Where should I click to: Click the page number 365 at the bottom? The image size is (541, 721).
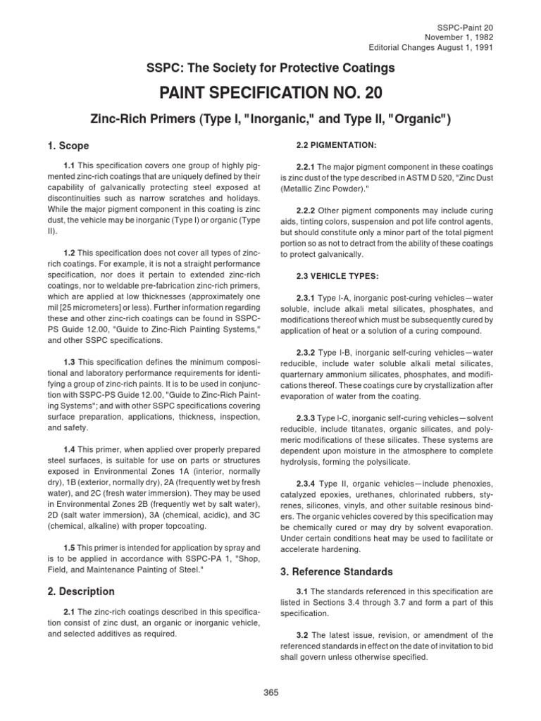coord(270,692)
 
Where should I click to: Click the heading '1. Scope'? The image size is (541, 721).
coord(68,146)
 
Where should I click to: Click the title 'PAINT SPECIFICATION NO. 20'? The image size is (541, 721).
coord(270,94)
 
